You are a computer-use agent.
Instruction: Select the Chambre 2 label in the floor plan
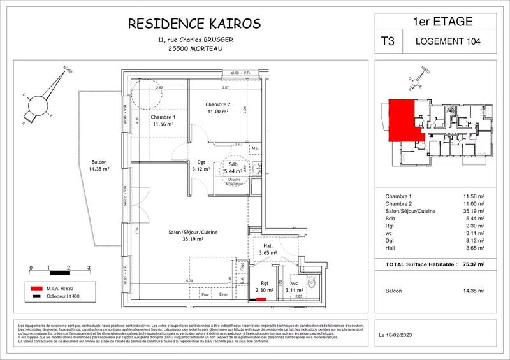(x=217, y=104)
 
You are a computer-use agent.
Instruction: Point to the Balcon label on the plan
(x=99, y=162)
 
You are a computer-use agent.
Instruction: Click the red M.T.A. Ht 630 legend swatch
(x=36, y=288)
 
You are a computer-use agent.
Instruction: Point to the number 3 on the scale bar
(x=88, y=268)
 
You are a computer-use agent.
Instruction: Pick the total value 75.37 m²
(x=473, y=264)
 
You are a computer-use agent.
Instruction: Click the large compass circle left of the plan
(x=39, y=104)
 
